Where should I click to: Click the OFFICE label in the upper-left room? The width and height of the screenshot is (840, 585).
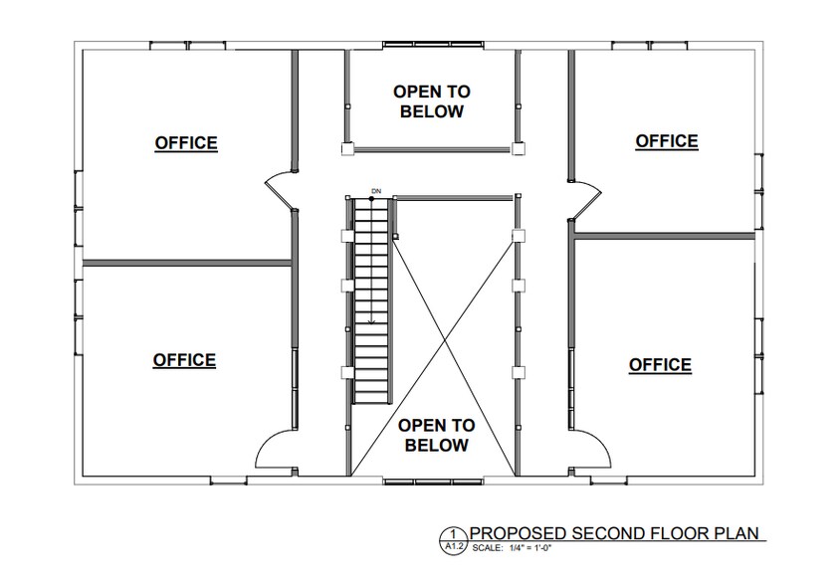tap(186, 143)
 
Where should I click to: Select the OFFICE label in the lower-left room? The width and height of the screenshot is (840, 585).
tap(184, 360)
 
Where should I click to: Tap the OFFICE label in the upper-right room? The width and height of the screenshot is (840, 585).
tap(667, 141)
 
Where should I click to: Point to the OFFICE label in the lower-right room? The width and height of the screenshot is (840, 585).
tap(660, 365)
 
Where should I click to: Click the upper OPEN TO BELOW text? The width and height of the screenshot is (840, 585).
tap(432, 101)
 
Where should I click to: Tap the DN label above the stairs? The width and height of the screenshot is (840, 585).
tap(376, 189)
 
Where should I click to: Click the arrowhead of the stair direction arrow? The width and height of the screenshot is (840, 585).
tap(371, 321)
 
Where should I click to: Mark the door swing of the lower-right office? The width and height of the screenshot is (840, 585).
tap(594, 451)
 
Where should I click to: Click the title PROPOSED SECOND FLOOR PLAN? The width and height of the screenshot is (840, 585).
tap(616, 534)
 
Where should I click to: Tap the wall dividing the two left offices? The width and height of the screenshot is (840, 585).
tap(185, 263)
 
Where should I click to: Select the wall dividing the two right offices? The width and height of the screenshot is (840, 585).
tap(665, 236)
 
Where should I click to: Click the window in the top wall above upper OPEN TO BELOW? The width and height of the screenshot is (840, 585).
tap(432, 44)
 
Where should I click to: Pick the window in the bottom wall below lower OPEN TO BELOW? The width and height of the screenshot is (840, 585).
tap(432, 483)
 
